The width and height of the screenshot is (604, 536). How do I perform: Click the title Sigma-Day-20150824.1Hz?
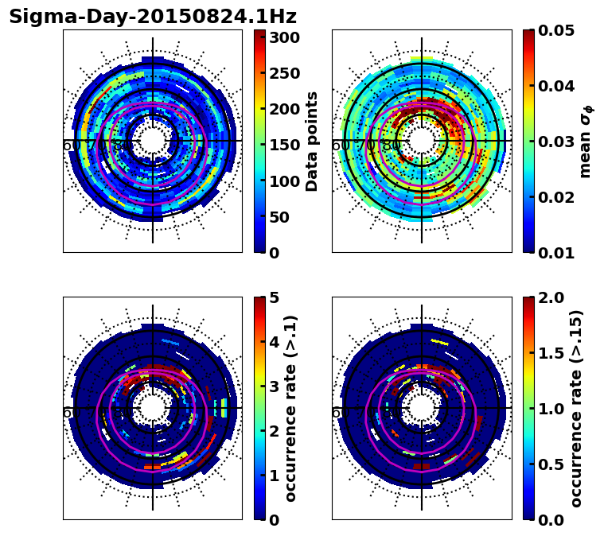152,17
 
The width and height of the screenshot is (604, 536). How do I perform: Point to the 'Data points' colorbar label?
312,142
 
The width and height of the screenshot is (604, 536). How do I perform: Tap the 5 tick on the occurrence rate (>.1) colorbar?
273,297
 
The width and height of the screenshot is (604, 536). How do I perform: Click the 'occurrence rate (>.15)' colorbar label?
576,409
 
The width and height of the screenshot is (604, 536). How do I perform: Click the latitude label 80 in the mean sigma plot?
392,146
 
